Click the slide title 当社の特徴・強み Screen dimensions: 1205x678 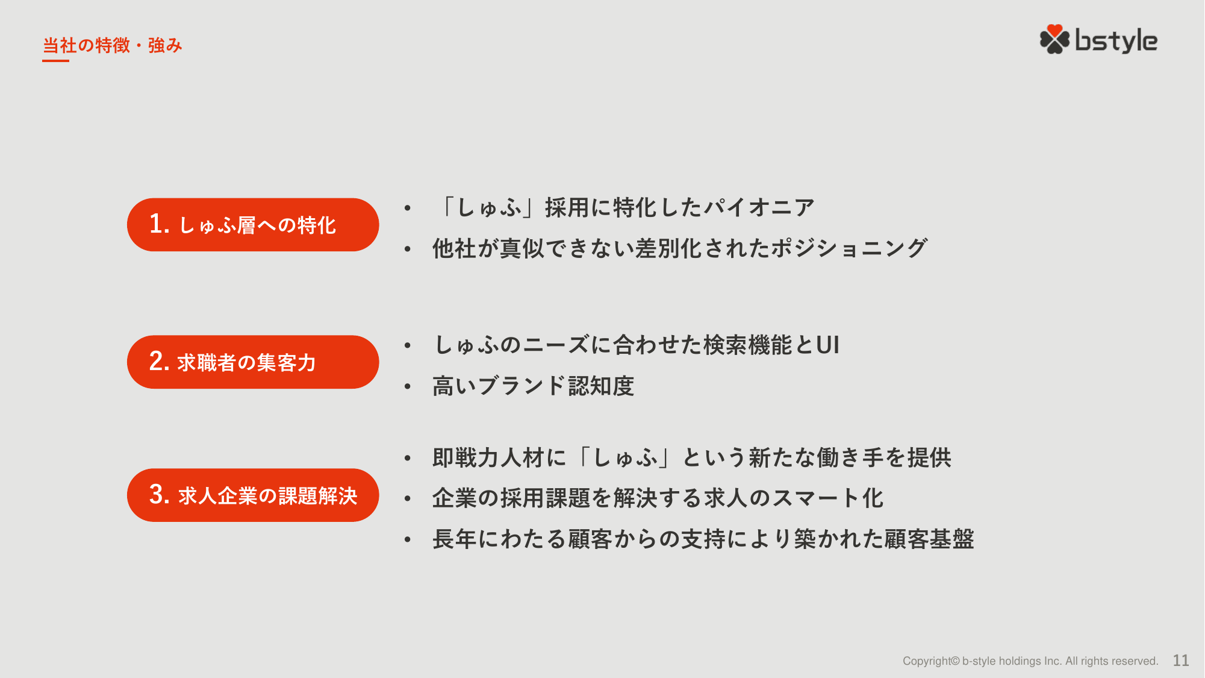click(x=113, y=45)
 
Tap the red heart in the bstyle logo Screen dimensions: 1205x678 click(x=1054, y=31)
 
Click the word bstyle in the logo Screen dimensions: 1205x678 click(x=1116, y=41)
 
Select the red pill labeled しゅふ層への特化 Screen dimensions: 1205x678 click(x=253, y=225)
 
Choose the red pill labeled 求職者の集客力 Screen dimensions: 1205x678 click(x=253, y=362)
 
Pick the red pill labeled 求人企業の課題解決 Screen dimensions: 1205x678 click(x=253, y=495)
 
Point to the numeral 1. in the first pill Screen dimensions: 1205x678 click(x=160, y=224)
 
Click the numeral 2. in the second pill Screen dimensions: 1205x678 click(x=160, y=362)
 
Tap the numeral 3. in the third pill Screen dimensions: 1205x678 click(x=160, y=495)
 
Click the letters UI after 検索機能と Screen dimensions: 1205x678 click(x=828, y=345)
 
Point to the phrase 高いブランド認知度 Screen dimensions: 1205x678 click(x=534, y=386)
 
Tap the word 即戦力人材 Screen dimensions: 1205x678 click(x=488, y=458)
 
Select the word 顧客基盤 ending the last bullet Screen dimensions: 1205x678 click(x=929, y=539)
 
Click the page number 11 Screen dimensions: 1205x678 click(x=1181, y=661)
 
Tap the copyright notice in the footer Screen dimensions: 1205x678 click(x=1030, y=661)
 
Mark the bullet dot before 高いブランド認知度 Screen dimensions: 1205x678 click(x=408, y=387)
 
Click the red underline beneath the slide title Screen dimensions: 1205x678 click(x=55, y=60)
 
